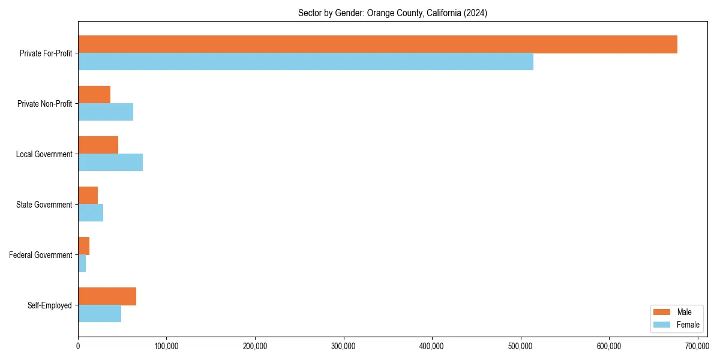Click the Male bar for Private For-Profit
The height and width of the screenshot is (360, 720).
click(377, 44)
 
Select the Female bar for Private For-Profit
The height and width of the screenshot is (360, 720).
click(305, 62)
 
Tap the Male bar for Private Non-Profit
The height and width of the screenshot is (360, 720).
click(94, 95)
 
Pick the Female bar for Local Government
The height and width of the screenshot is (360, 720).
click(110, 163)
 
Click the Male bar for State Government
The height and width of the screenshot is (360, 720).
click(88, 196)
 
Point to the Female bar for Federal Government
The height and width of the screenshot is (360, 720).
click(82, 263)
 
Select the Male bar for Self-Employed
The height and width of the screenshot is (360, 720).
click(107, 296)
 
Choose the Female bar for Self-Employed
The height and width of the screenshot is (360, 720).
click(100, 314)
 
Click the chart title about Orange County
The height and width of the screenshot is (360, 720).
click(392, 13)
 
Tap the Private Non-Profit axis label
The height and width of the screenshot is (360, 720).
click(44, 104)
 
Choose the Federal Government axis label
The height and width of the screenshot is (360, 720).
click(41, 255)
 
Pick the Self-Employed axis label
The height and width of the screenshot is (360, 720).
click(50, 305)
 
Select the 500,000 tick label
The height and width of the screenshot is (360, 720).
click(521, 346)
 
